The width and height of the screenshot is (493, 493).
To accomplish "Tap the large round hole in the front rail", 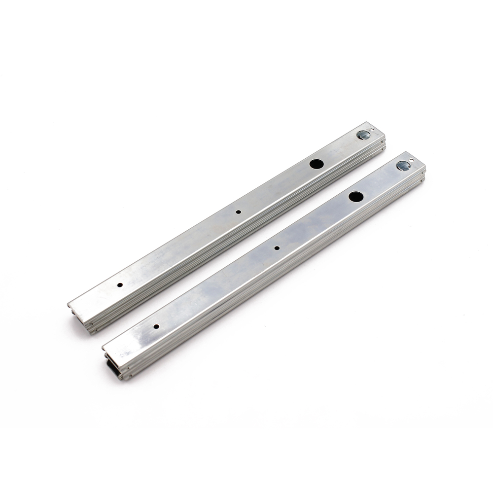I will (x=356, y=196).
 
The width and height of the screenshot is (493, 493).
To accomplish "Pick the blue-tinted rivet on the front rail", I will (x=404, y=166).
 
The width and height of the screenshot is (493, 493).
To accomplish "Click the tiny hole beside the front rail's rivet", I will (x=414, y=161).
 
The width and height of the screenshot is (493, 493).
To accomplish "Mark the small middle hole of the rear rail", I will (x=238, y=212).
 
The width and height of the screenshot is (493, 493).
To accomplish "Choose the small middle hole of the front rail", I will (x=277, y=248).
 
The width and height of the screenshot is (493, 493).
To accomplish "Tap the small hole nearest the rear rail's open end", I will (x=120, y=285).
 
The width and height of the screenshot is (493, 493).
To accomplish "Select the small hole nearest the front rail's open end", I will (x=156, y=326).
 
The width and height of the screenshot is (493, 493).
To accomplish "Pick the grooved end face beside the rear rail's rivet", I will (x=383, y=140).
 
